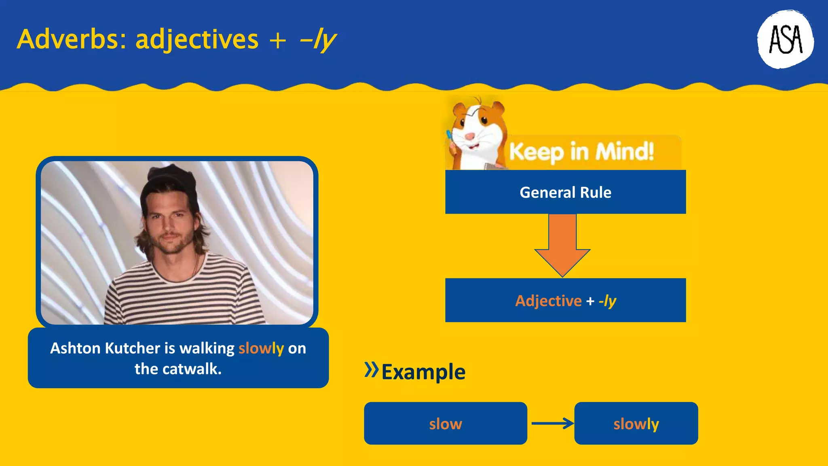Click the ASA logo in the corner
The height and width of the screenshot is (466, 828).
point(785,39)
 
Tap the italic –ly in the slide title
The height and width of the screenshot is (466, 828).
point(318,40)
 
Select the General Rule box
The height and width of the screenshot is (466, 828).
point(565,192)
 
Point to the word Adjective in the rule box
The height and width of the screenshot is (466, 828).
point(548,301)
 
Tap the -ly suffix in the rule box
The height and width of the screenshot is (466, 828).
point(607,301)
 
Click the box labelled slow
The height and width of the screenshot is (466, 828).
point(445,424)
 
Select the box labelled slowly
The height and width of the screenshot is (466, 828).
point(636,424)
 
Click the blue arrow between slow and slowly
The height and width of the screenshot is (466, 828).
point(552,424)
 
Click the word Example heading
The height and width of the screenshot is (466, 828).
point(423,372)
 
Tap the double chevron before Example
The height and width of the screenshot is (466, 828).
point(371,369)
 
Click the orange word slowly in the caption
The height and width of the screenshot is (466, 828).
point(261,348)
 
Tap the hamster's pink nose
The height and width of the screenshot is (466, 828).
point(469,136)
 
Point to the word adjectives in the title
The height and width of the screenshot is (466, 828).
point(197,40)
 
